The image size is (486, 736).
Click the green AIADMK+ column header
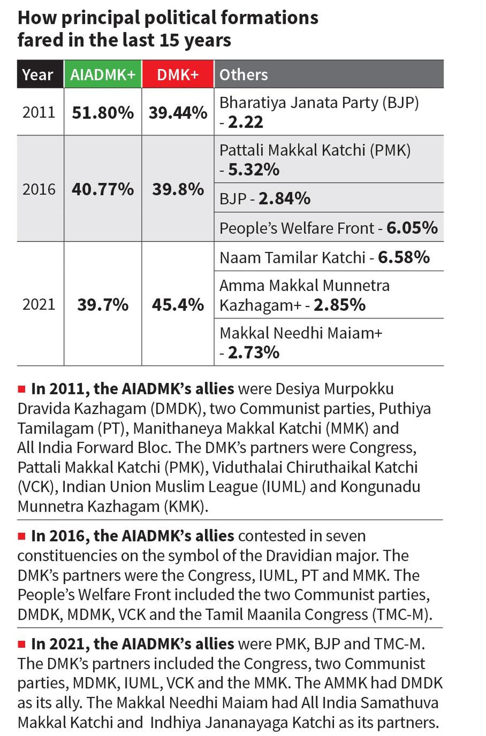[x=103, y=74]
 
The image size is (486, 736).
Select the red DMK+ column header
[x=178, y=74]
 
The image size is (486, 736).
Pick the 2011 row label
[x=39, y=112]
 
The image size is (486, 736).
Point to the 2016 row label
[x=39, y=189]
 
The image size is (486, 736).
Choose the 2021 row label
[x=39, y=304]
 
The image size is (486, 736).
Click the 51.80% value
[x=103, y=113]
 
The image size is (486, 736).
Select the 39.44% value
[x=178, y=113]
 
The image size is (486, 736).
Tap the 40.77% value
[x=103, y=189]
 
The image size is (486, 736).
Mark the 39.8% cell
[x=178, y=189]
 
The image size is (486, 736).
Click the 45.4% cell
[x=178, y=304]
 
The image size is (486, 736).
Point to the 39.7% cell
[x=103, y=304]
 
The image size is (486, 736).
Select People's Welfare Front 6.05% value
[x=412, y=228]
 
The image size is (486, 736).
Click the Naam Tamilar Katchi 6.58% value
[x=404, y=257]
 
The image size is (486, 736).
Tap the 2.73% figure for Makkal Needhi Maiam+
[x=254, y=353]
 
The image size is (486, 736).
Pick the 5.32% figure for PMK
[x=254, y=170]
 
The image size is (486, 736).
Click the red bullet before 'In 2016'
[x=21, y=536]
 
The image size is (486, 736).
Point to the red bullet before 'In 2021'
[x=21, y=644]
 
